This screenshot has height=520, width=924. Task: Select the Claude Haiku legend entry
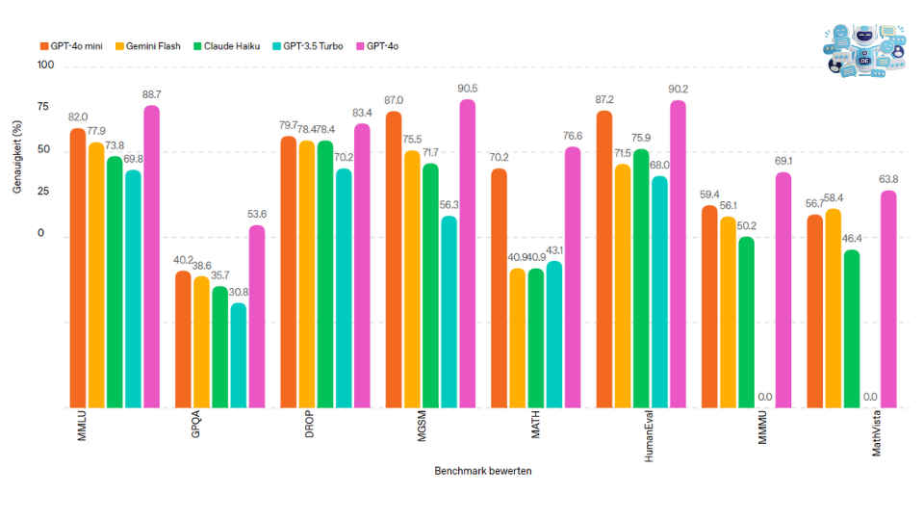(226, 45)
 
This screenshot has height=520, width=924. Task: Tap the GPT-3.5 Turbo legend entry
(308, 45)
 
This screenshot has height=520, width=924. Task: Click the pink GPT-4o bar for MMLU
(151, 255)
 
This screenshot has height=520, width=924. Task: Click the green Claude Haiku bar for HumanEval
(641, 278)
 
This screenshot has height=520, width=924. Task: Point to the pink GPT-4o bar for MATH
(573, 276)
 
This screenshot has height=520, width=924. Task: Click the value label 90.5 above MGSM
(467, 89)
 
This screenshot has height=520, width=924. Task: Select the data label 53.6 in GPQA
(256, 214)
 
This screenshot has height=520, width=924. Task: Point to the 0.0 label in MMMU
(765, 397)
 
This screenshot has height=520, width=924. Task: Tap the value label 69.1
(783, 161)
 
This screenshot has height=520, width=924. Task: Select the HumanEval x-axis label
(650, 439)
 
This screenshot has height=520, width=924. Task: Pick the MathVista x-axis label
(877, 434)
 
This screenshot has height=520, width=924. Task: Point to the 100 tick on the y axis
(46, 66)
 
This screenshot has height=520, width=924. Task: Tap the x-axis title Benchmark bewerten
(482, 471)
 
